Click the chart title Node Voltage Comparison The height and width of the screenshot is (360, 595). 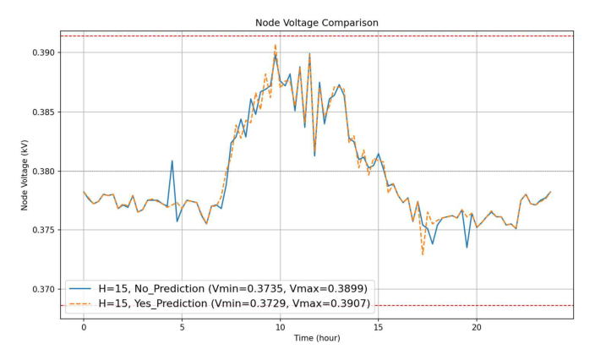click(317, 23)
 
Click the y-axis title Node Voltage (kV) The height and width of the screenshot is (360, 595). click(26, 171)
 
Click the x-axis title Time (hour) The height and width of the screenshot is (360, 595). click(317, 338)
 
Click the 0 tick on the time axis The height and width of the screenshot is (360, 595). click(84, 325)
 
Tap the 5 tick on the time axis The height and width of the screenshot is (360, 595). click(182, 325)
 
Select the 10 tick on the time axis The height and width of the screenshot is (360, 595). click(280, 325)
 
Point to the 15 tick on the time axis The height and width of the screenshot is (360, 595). click(378, 325)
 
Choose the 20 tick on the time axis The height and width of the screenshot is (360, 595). click(477, 325)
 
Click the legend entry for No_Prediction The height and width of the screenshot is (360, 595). click(232, 287)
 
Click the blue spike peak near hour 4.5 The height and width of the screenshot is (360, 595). click(172, 161)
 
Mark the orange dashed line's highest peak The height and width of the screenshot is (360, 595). click(276, 45)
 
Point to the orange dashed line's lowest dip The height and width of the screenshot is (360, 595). click(423, 254)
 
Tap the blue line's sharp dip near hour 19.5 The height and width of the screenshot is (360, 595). click(467, 247)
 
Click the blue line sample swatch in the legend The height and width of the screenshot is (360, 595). click(82, 287)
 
